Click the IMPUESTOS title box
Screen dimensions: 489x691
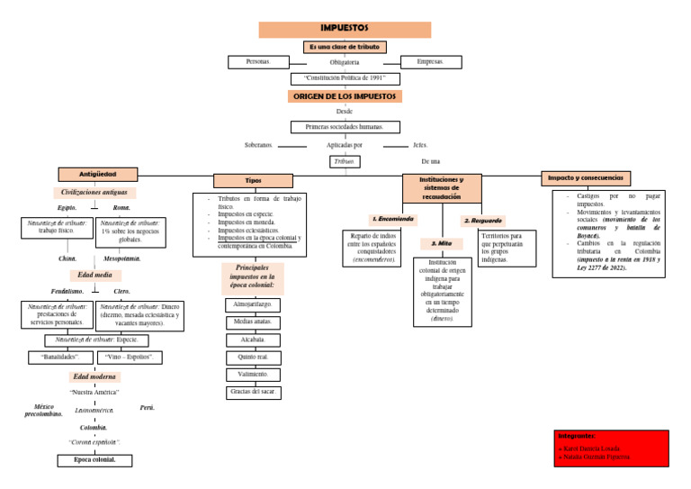(x=345, y=30)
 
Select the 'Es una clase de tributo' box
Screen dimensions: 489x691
(x=345, y=47)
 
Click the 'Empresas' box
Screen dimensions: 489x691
(x=430, y=62)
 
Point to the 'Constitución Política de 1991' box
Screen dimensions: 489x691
(x=345, y=78)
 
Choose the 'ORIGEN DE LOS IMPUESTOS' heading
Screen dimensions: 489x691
(x=345, y=96)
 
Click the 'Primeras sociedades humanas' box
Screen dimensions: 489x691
(x=345, y=127)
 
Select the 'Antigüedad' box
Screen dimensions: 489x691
(x=98, y=174)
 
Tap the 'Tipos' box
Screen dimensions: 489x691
(x=253, y=181)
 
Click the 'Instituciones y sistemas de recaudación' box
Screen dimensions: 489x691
(x=442, y=187)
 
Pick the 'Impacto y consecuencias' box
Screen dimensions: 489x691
(x=585, y=178)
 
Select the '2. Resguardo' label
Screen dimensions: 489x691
(x=483, y=221)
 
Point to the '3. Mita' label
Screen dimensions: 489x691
(x=441, y=244)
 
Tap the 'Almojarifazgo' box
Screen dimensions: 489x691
(x=253, y=305)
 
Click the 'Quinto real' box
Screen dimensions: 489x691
(x=253, y=358)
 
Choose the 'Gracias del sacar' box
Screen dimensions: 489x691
(x=253, y=393)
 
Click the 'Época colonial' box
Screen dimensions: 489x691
(x=94, y=460)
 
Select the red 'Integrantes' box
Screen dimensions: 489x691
(x=612, y=447)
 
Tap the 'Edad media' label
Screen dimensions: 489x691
(x=94, y=276)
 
